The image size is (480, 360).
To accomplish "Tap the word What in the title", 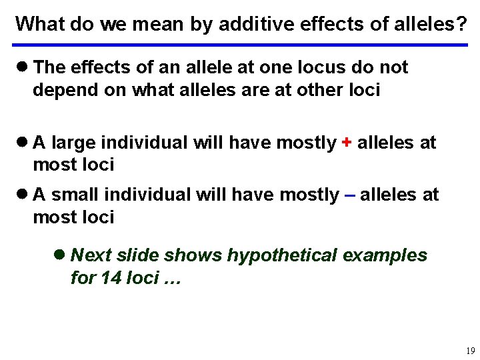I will [x=37, y=23].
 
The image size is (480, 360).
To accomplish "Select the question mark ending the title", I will [x=461, y=23].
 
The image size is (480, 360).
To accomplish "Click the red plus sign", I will [x=347, y=143].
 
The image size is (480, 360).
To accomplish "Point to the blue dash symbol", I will [x=349, y=195].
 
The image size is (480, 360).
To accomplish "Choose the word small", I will [x=78, y=195].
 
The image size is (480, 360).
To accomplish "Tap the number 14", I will [x=111, y=277].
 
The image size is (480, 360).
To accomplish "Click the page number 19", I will [x=471, y=351].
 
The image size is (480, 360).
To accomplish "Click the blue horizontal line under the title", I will [x=240, y=45].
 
